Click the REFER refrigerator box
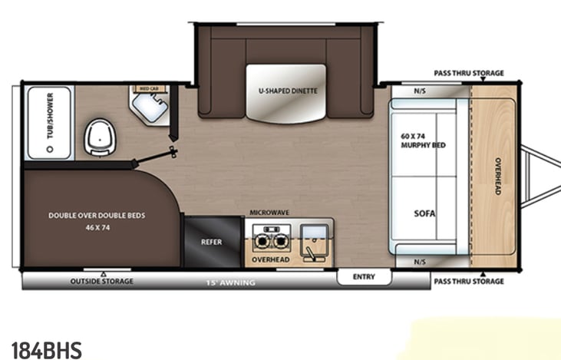tap(211, 242)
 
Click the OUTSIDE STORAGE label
tap(101, 282)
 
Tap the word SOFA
tap(424, 213)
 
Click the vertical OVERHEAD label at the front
tap(497, 176)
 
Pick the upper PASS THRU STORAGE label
tap(469, 74)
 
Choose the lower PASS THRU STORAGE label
tap(469, 282)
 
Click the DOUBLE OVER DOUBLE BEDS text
tap(97, 216)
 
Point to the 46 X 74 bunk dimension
tap(97, 228)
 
